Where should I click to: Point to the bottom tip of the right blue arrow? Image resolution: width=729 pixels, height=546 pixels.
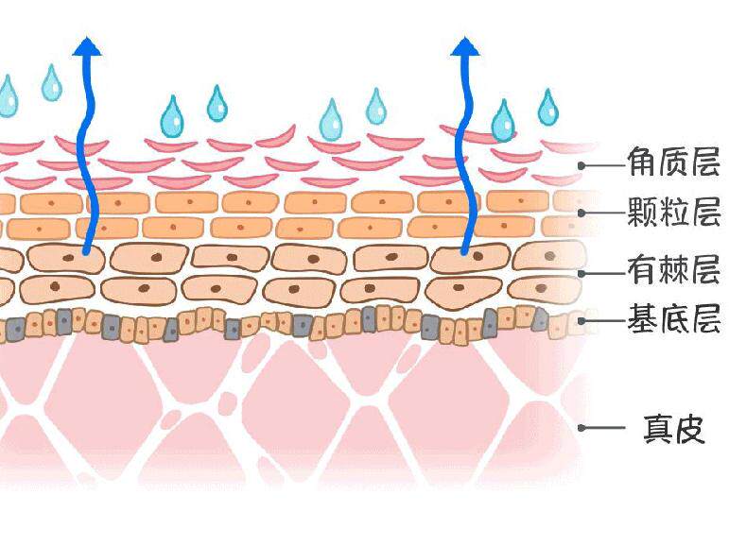pyautogui.click(x=463, y=252)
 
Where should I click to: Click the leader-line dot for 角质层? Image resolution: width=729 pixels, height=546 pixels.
pyautogui.click(x=583, y=165)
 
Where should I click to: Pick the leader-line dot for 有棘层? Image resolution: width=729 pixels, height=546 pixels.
pyautogui.click(x=583, y=273)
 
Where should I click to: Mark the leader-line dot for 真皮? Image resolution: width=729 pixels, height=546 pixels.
pyautogui.click(x=583, y=428)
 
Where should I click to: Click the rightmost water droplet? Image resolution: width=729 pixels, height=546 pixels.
pyautogui.click(x=548, y=108)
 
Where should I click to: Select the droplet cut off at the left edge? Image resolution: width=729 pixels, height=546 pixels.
pyautogui.click(x=7, y=95)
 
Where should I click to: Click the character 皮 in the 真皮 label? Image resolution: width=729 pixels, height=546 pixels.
pyautogui.click(x=690, y=429)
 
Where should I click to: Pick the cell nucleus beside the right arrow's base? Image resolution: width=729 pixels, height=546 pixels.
pyautogui.click(x=478, y=255)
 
